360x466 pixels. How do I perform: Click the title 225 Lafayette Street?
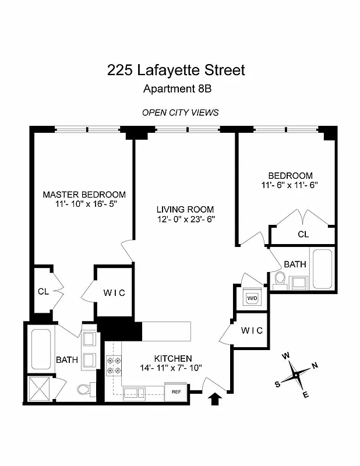176,70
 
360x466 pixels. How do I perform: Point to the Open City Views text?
181,112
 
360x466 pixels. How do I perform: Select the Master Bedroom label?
84,195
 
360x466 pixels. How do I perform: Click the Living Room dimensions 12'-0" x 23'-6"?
185,220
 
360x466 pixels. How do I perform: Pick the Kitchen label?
173,358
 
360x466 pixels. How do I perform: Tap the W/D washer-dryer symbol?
252,298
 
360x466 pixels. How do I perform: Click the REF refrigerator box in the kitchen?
175,392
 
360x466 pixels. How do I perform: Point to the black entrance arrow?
215,398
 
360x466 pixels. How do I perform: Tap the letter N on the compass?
315,365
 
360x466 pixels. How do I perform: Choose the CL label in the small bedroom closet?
303,234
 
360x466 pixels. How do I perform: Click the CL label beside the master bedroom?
43,290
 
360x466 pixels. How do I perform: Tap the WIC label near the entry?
252,330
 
